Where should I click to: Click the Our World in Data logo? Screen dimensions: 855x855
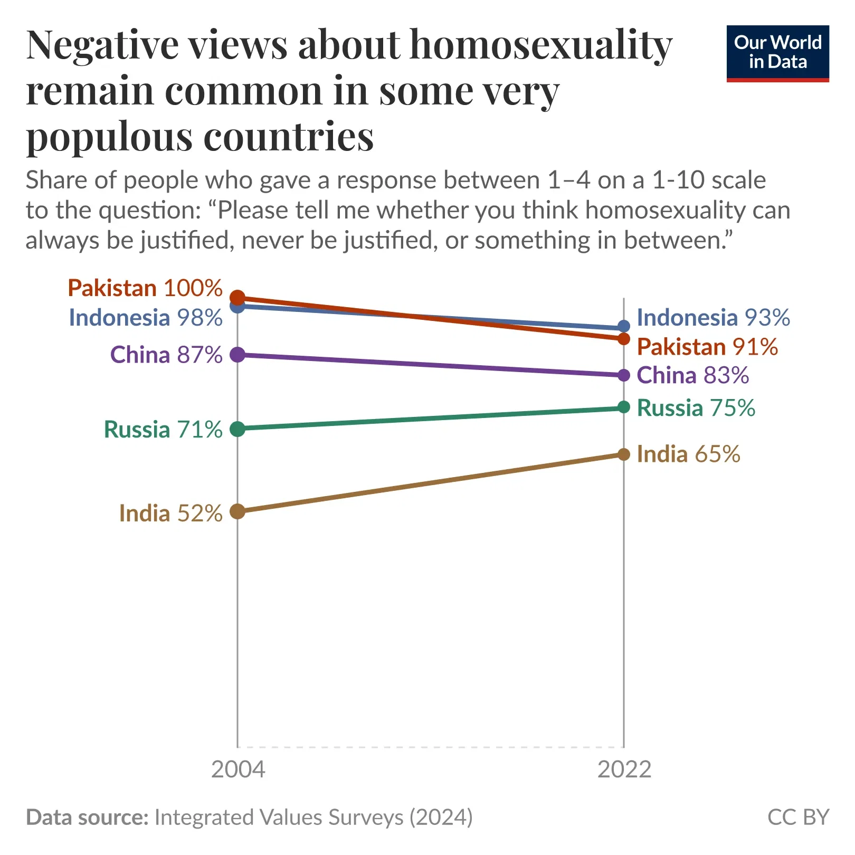coord(777,53)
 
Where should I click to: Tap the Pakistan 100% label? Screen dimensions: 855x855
coord(145,288)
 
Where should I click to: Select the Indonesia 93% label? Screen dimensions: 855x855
coord(713,318)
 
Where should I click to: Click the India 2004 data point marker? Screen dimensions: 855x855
coord(238,511)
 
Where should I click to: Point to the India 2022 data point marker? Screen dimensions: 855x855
coord(624,454)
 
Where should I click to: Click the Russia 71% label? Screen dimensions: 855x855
coord(163,430)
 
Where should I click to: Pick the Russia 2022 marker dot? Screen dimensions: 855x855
coord(624,407)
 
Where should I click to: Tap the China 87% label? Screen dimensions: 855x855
coord(166,355)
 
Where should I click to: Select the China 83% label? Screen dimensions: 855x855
coord(692,375)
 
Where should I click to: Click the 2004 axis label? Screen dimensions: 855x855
coord(238,769)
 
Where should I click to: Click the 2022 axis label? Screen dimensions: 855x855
coord(624,769)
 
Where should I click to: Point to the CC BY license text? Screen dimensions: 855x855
coord(798,817)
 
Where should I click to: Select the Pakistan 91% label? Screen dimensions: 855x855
coord(707,347)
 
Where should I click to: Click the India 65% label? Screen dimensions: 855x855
coord(688,454)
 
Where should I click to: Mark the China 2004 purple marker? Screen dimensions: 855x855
coord(238,355)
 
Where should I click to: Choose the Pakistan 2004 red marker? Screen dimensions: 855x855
coord(238,298)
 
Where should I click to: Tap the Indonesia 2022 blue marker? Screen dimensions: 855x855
coord(624,327)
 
